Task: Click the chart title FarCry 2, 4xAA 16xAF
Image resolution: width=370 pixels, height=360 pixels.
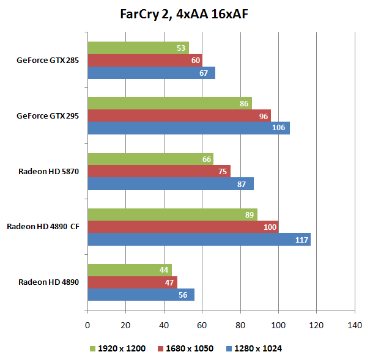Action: pos(185,14)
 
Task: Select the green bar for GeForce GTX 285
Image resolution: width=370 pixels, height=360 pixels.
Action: pos(138,48)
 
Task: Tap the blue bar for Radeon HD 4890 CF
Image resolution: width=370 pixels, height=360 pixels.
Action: pos(199,240)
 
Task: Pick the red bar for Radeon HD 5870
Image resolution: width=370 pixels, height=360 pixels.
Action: pos(159,172)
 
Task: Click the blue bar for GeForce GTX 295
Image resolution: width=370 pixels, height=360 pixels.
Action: pos(188,128)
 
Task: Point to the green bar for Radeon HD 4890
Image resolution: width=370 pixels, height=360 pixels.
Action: pos(130,270)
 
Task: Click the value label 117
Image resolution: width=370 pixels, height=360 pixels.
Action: pos(302,240)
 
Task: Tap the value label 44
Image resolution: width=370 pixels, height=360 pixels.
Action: pos(165,270)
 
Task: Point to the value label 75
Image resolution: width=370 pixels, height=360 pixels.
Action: pos(223,172)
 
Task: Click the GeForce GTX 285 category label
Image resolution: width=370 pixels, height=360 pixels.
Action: pos(47,61)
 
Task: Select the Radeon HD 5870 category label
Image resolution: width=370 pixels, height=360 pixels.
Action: pos(48,172)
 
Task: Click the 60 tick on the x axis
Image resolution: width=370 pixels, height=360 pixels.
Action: pos(202,325)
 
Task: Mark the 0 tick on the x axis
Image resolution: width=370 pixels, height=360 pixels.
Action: pos(88,325)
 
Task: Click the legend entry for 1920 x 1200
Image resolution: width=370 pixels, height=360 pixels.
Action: pos(117,348)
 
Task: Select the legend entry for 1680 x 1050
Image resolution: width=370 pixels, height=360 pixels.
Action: pos(185,348)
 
